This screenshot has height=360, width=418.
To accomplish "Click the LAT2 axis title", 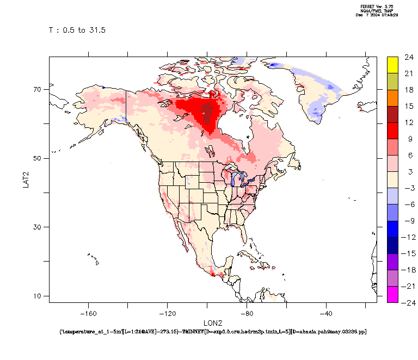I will pos(26,179).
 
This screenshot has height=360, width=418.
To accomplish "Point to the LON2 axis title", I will pos(212,322).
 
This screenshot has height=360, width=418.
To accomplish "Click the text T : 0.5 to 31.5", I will pos(77,30).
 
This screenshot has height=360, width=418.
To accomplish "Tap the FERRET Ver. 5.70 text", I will pos(377,7).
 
